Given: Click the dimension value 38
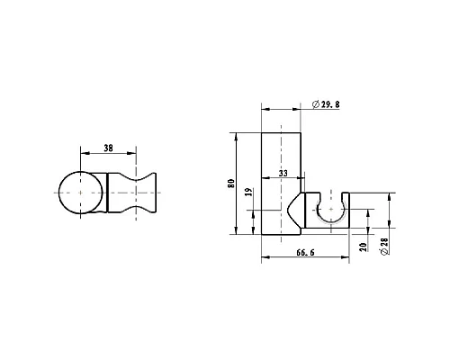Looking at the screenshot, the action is coord(108,148).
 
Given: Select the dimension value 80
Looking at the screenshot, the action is coord(231,184).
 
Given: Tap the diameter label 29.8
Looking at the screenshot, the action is coord(330,104).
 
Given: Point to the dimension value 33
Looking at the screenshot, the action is coord(283,174).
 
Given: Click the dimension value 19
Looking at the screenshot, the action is coord(248,193).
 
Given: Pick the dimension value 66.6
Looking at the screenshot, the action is coord(305,253).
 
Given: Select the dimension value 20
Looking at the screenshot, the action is coord(364,247).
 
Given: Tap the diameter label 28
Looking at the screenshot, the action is coord(384,242).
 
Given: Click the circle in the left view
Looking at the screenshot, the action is coord(58,193).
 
